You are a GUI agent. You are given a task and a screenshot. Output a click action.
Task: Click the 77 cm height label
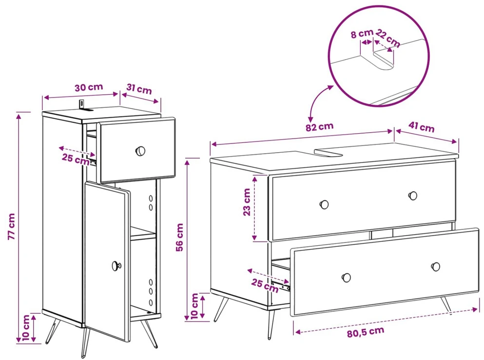point(11,226)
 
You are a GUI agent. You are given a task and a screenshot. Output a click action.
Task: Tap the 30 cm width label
point(89,87)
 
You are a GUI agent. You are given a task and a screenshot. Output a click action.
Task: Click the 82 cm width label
point(320,126)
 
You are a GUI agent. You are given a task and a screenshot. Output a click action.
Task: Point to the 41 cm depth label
point(421,126)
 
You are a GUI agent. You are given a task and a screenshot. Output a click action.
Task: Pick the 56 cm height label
point(180,237)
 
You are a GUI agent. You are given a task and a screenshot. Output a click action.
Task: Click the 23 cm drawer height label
point(247,202)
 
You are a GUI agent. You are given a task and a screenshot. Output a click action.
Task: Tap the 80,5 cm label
point(366,332)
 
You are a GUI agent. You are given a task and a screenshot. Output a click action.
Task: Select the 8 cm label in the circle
point(362,33)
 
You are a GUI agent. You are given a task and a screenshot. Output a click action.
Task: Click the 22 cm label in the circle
point(388,39)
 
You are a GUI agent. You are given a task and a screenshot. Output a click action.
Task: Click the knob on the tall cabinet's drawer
point(140,151)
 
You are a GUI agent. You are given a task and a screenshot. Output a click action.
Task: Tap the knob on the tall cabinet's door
point(116,265)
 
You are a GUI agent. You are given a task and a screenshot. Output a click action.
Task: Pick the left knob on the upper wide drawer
point(324,204)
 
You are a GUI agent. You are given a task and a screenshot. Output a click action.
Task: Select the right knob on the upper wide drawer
point(413,196)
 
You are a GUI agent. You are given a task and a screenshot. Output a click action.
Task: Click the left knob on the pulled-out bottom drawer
point(346,278)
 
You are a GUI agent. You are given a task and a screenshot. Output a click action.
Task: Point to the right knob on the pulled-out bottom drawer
point(436,266)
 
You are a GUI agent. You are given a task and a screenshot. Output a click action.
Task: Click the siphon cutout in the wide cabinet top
point(329,152)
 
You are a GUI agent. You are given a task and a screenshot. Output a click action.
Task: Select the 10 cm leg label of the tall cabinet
point(25,327)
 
